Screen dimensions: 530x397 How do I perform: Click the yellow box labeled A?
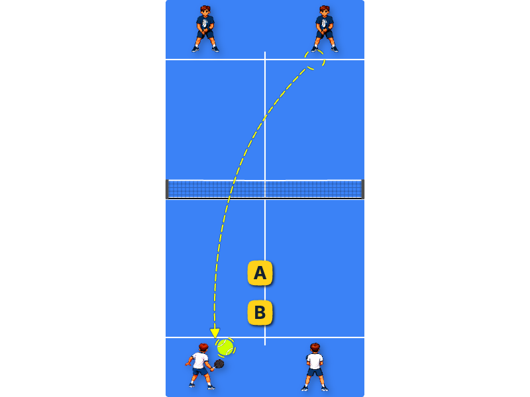pyautogui.click(x=260, y=273)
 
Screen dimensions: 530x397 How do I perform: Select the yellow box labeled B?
pyautogui.click(x=260, y=312)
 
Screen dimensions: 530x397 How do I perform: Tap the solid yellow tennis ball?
pyautogui.click(x=225, y=347)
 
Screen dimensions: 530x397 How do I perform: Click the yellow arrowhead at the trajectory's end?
pyautogui.click(x=215, y=333)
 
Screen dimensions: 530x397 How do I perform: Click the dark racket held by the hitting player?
pyautogui.click(x=219, y=364)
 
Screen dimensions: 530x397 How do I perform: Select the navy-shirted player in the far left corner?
pyautogui.click(x=205, y=29)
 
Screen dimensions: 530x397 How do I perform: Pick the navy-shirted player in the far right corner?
pyautogui.click(x=325, y=29)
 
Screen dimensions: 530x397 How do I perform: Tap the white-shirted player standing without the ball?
pyautogui.click(x=315, y=367)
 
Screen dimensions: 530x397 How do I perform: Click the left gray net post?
pyautogui.click(x=167, y=189)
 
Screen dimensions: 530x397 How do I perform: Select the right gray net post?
pyautogui.click(x=363, y=189)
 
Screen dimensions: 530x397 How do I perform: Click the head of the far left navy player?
pyautogui.click(x=205, y=11)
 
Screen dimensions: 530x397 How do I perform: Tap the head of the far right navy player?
pyautogui.click(x=325, y=11)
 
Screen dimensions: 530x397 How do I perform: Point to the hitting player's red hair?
pyautogui.click(x=203, y=346)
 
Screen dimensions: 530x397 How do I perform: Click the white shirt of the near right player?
pyautogui.click(x=315, y=361)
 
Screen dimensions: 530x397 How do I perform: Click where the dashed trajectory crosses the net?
pyautogui.click(x=231, y=189)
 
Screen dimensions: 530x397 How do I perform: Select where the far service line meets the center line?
pyautogui.click(x=265, y=60)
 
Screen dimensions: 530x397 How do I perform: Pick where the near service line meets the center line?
pyautogui.click(x=265, y=337)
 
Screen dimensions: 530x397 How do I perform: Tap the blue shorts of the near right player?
pyautogui.click(x=315, y=373)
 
